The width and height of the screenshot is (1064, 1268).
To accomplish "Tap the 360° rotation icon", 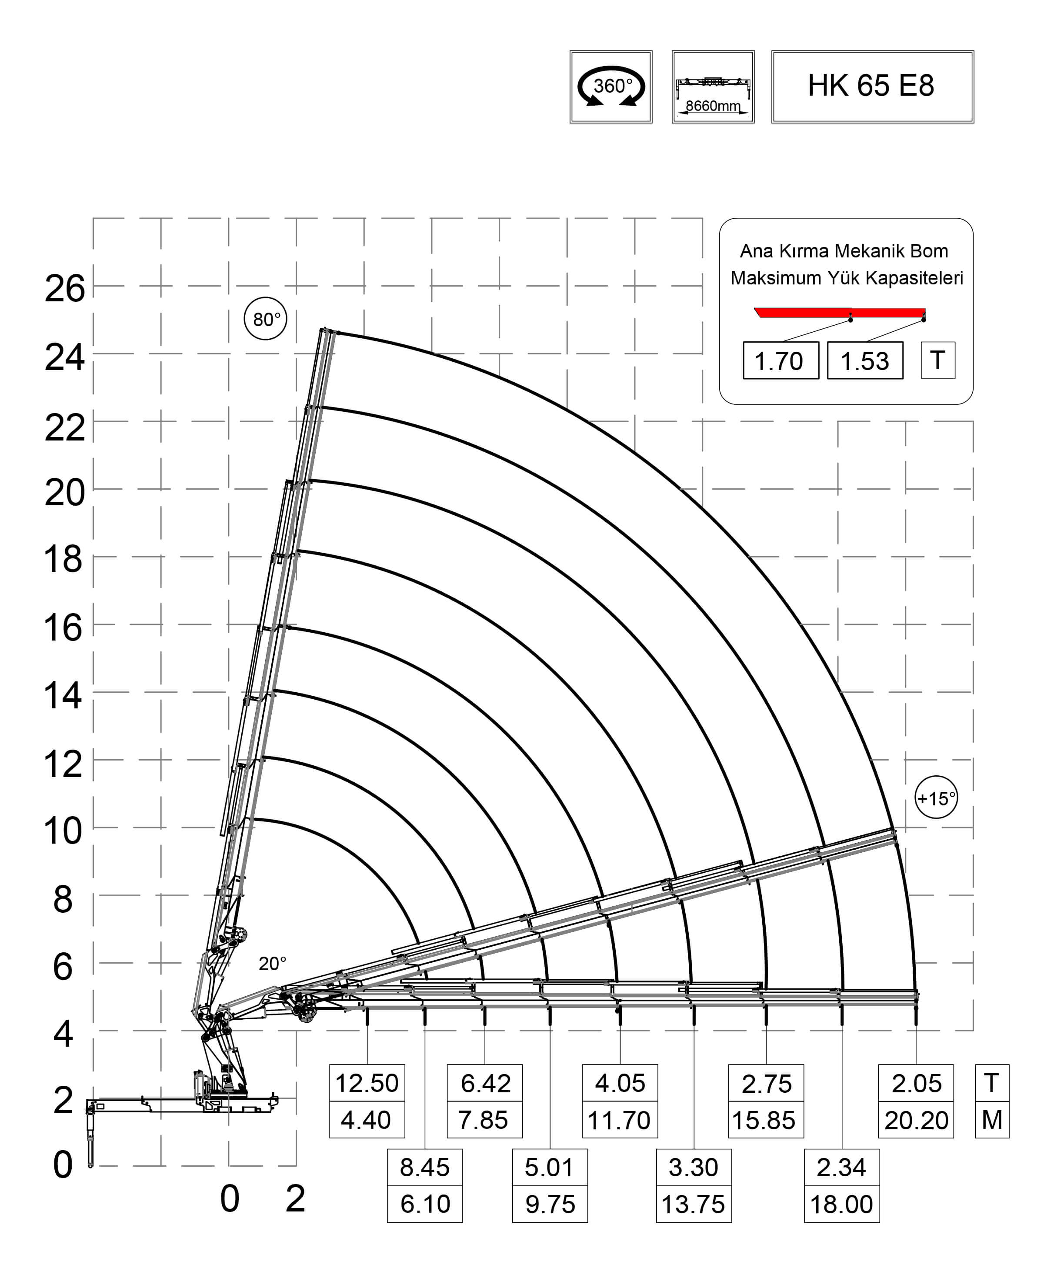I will tap(611, 87).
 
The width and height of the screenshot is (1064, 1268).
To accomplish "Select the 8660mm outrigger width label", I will tap(713, 106).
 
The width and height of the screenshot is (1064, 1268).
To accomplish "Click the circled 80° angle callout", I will tap(266, 319).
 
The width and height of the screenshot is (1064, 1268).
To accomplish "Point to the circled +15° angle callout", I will tap(936, 798).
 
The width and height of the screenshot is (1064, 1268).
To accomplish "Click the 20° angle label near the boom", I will tap(272, 964).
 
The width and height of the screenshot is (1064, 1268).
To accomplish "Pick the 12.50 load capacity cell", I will tap(367, 1083).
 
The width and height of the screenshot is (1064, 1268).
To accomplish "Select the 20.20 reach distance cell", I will tap(916, 1121).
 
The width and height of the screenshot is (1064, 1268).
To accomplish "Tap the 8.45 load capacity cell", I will tap(424, 1168).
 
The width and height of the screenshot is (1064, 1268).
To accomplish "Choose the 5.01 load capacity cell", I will tap(550, 1168).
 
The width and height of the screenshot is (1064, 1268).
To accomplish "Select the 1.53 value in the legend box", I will tap(865, 361).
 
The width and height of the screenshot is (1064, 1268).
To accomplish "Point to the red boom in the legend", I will tap(839, 313).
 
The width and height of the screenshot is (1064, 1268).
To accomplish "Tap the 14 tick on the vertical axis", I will tap(63, 696).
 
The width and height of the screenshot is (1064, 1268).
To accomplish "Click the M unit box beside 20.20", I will tap(991, 1121).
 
